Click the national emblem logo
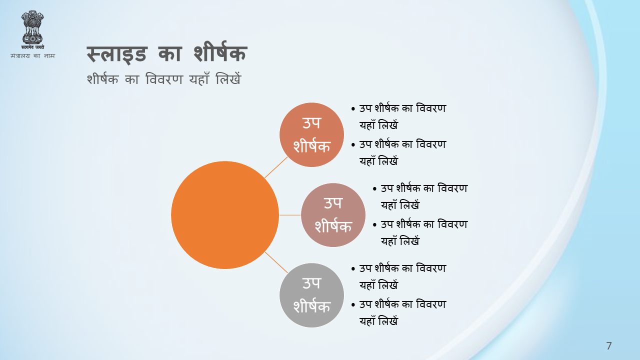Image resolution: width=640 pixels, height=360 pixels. (32, 29)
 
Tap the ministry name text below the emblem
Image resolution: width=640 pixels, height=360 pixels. (32, 55)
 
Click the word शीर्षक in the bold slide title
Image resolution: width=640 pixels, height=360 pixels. (220, 53)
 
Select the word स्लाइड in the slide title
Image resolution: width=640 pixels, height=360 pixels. (117, 54)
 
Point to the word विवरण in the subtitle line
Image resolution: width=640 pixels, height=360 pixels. (164, 79)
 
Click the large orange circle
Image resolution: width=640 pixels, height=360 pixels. (225, 215)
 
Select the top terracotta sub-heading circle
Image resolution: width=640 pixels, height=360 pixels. (311, 134)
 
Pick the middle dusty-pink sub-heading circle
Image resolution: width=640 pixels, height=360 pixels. (333, 215)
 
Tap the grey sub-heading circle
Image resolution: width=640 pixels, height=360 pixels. (311, 295)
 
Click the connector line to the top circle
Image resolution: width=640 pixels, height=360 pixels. (276, 167)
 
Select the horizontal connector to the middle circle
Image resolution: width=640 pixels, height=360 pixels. (290, 215)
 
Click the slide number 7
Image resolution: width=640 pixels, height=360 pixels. (609, 345)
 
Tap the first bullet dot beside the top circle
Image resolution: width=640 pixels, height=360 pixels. (353, 109)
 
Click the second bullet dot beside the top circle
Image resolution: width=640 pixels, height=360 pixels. (353, 145)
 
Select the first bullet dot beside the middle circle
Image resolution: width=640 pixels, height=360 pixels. (374, 189)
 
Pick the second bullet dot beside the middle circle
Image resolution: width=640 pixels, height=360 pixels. (374, 225)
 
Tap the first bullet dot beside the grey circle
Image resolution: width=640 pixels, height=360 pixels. (353, 269)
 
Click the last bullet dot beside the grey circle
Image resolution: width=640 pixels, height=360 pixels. (353, 305)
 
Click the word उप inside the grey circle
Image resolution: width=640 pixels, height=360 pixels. (311, 283)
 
